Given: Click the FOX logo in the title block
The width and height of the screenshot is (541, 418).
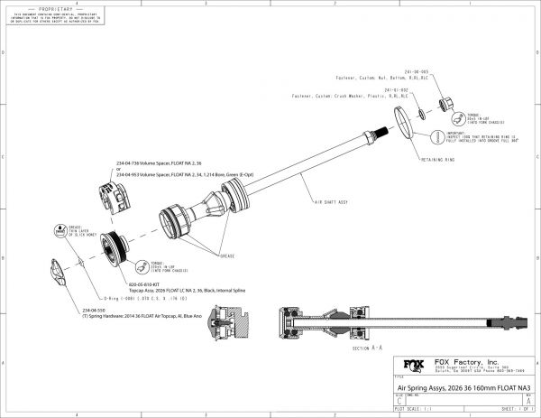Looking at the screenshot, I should (410, 367).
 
